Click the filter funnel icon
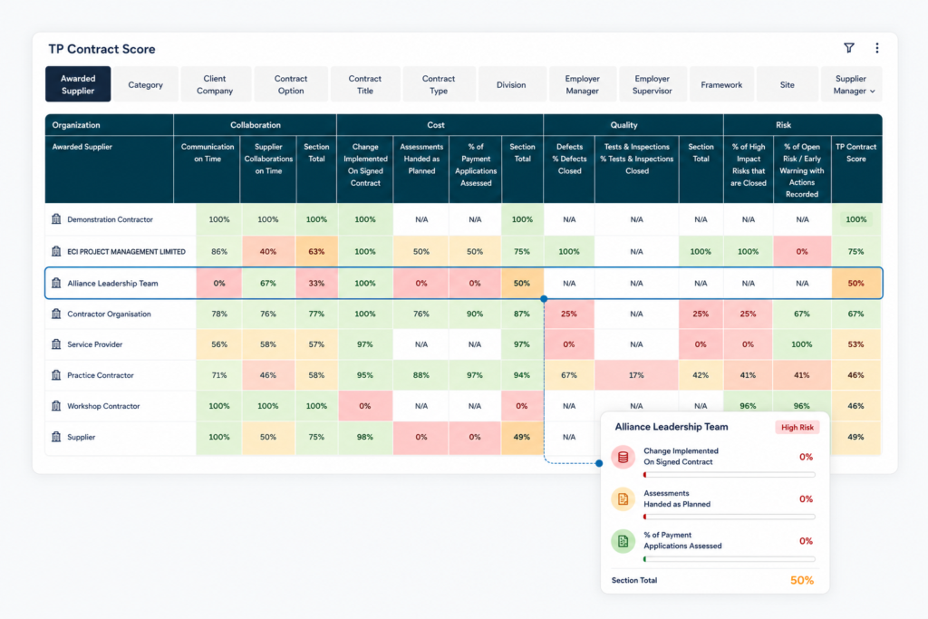[848, 48]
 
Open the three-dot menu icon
[877, 48]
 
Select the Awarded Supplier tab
[78, 84]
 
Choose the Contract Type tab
[439, 84]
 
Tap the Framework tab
[721, 84]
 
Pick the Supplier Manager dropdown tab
[851, 84]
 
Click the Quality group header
[623, 125]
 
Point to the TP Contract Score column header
[855, 152]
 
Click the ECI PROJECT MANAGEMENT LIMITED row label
[126, 252]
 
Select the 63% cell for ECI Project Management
[316, 252]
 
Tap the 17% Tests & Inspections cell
[636, 375]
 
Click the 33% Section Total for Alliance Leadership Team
[316, 284]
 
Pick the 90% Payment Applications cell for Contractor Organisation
[475, 314]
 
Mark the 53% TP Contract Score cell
[855, 344]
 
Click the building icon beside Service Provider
[56, 343]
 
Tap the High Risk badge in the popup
[797, 427]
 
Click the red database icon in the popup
[623, 457]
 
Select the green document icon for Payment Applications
[623, 541]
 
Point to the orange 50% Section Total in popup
[802, 581]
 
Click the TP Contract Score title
[101, 49]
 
